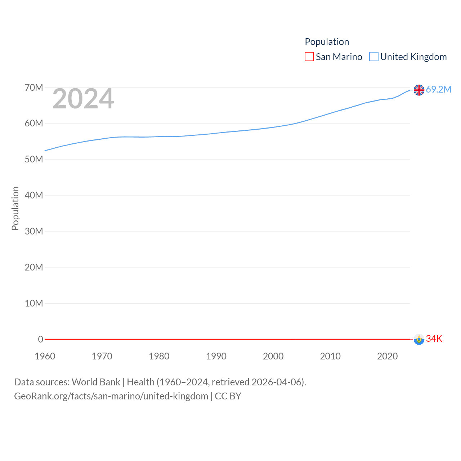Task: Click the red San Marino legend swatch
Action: (309, 57)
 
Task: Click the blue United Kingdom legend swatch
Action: (374, 57)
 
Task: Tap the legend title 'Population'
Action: (327, 42)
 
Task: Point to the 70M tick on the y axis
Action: (34, 88)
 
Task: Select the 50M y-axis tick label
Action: (34, 159)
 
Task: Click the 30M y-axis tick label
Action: (34, 231)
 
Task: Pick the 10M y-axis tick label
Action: (34, 303)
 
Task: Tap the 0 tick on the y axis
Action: (41, 339)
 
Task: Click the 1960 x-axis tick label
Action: (45, 356)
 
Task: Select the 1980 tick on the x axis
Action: (159, 356)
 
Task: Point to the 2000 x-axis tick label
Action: (273, 356)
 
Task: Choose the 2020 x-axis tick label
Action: (388, 356)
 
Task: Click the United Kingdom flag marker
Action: (419, 90)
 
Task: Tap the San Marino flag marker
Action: (419, 339)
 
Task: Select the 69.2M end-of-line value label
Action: (438, 89)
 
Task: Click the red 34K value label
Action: (434, 339)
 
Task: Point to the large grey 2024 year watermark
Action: (83, 99)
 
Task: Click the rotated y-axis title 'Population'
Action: (15, 208)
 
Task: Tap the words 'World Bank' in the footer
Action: (96, 382)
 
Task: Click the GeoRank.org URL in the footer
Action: (111, 396)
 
